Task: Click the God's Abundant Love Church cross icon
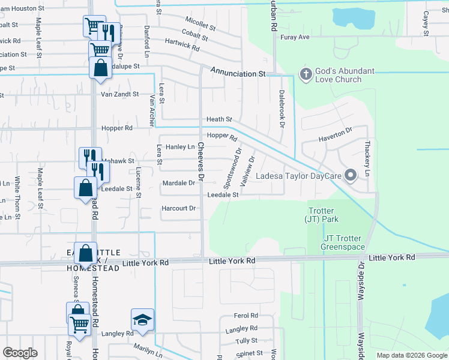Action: click(x=305, y=75)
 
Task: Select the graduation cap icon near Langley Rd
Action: click(x=142, y=320)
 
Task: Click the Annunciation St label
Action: click(x=238, y=72)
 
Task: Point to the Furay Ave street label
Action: click(x=295, y=37)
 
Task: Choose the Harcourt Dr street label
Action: click(x=179, y=209)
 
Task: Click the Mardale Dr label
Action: click(x=179, y=182)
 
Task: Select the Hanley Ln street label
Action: click(x=180, y=147)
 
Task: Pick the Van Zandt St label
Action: click(x=119, y=94)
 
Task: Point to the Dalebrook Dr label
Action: click(x=281, y=108)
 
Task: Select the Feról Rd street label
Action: click(x=246, y=316)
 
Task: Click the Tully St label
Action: click(x=246, y=341)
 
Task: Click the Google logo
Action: click(x=20, y=353)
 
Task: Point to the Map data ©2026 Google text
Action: click(x=411, y=355)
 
